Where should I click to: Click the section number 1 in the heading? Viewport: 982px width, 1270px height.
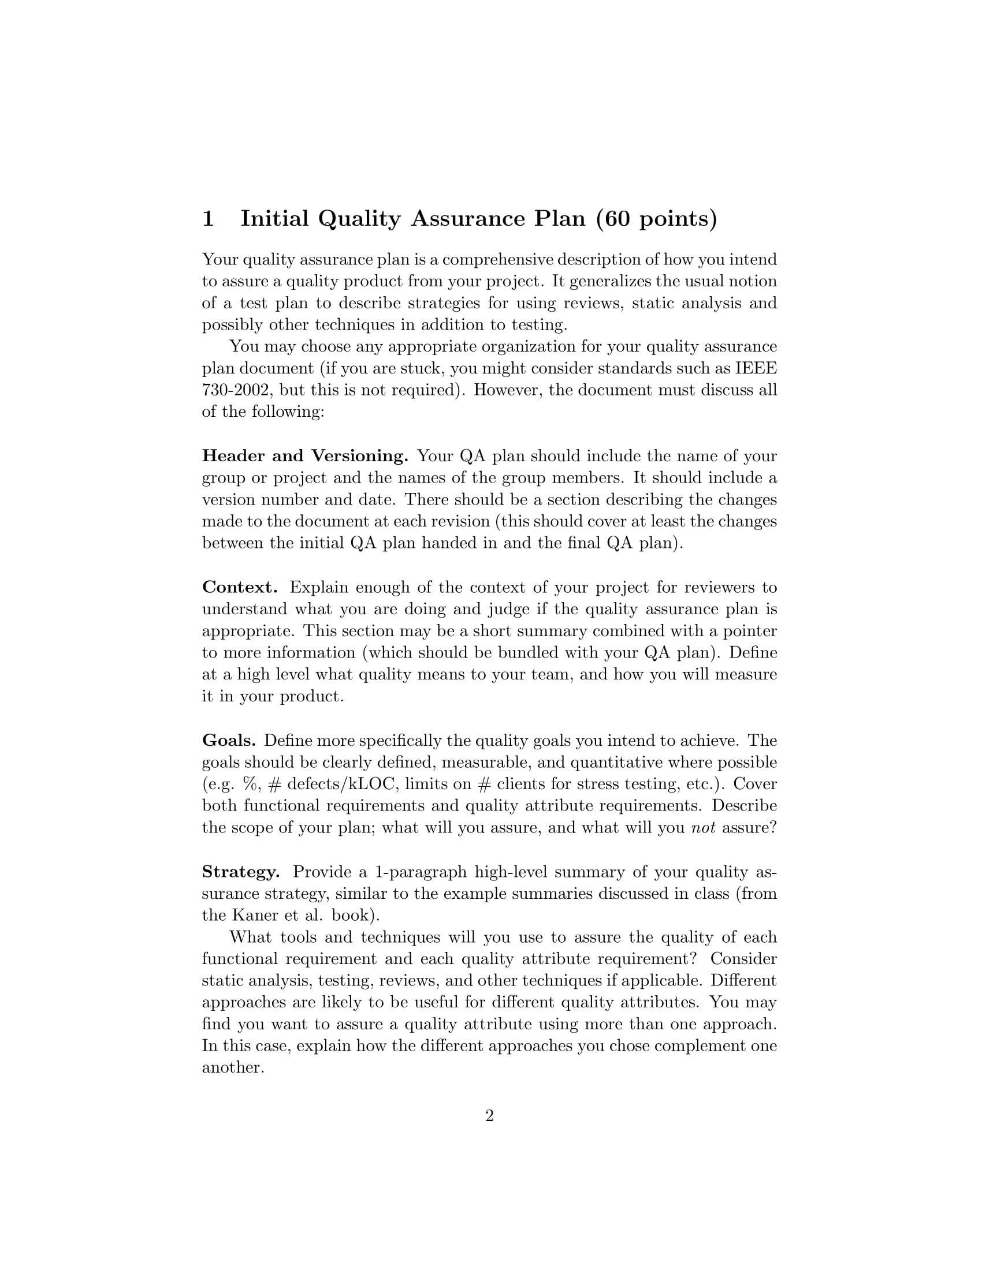[209, 219]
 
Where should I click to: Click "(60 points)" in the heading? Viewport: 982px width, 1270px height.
[657, 219]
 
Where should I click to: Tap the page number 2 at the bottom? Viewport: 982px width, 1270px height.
[489, 1116]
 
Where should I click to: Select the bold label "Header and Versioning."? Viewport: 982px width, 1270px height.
[305, 456]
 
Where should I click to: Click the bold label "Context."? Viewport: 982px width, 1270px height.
[240, 587]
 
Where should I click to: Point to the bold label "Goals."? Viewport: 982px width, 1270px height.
[229, 740]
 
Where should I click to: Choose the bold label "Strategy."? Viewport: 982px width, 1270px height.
[241, 872]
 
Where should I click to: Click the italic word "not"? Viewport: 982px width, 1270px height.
[703, 827]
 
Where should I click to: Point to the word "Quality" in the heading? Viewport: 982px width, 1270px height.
[359, 219]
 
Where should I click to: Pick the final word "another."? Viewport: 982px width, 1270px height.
[233, 1067]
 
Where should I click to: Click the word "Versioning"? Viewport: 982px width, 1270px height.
[359, 456]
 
